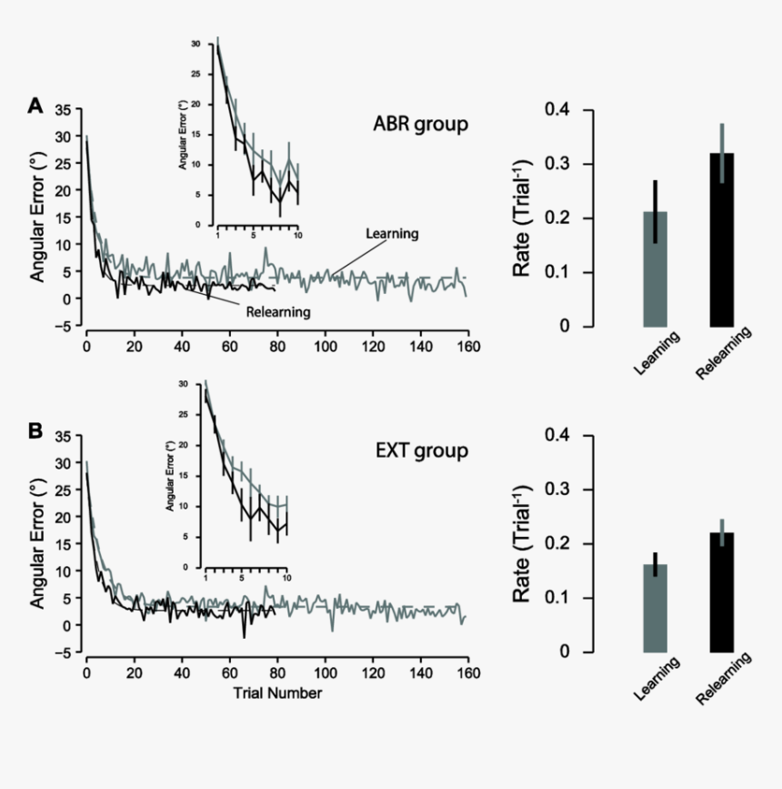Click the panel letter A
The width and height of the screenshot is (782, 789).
click(35, 106)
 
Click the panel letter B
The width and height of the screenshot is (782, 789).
click(35, 431)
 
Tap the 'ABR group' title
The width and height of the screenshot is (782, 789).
click(420, 124)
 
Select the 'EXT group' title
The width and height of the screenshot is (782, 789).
click(422, 450)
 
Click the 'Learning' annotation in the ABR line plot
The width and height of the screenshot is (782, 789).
click(392, 234)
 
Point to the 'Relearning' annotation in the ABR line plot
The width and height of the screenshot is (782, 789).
click(278, 312)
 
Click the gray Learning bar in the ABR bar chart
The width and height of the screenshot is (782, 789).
click(656, 269)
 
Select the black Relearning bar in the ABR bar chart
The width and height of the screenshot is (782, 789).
click(722, 240)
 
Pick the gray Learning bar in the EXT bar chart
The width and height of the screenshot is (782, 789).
click(656, 608)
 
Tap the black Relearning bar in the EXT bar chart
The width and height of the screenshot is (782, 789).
click(722, 592)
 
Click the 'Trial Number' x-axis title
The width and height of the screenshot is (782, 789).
click(277, 693)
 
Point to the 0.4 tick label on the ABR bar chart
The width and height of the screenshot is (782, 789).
click(557, 108)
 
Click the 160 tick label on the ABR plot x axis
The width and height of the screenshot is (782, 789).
click(468, 347)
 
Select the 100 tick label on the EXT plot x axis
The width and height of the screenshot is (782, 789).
click(326, 673)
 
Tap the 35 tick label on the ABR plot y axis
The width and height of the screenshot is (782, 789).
click(64, 110)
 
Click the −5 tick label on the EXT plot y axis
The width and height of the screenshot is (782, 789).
click(62, 652)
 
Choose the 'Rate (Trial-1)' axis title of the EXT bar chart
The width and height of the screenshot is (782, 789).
click(522, 543)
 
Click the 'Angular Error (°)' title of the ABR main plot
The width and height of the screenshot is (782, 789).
click(37, 217)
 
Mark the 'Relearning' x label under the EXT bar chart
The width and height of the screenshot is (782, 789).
click(723, 678)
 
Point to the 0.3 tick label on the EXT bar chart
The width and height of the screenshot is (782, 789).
click(557, 489)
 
